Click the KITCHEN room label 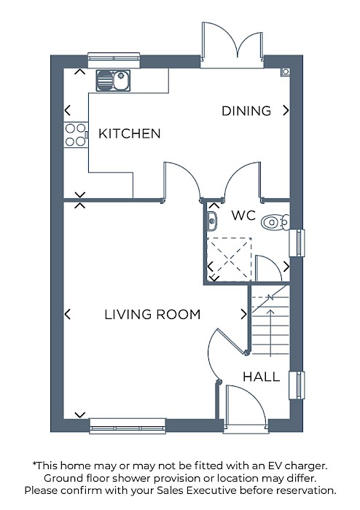[130, 133]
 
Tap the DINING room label [246, 111]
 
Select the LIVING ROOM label [152, 315]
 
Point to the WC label [243, 216]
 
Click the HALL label [261, 377]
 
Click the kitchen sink [113, 80]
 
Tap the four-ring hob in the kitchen [76, 135]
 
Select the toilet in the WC [275, 222]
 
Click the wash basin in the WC [212, 221]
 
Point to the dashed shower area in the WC [230, 259]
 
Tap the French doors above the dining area [232, 44]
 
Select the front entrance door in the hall [246, 409]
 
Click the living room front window [128, 426]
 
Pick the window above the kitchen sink [114, 60]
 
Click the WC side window [297, 243]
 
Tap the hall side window [297, 385]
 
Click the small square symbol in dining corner [286, 72]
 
